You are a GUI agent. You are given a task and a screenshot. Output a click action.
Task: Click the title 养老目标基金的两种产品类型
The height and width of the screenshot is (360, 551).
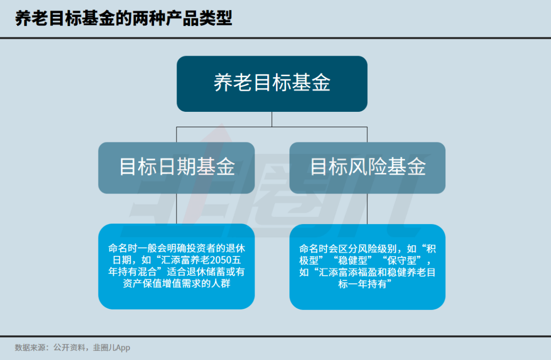(x=123, y=19)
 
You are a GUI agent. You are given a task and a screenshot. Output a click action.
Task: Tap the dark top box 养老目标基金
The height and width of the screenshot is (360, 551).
(x=272, y=84)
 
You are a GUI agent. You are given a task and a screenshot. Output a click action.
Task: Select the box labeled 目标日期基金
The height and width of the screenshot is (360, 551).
(x=177, y=167)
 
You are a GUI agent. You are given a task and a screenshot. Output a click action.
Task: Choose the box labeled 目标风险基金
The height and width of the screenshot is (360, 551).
(x=367, y=167)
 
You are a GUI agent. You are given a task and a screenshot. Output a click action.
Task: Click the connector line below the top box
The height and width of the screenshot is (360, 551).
(x=272, y=119)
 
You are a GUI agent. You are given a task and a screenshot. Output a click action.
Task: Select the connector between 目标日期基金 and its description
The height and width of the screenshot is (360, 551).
(x=177, y=208)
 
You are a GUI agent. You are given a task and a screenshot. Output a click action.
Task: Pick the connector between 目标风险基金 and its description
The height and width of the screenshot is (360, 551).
(x=367, y=208)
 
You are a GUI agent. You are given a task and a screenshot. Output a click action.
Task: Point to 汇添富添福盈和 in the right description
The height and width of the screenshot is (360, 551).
(x=346, y=272)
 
